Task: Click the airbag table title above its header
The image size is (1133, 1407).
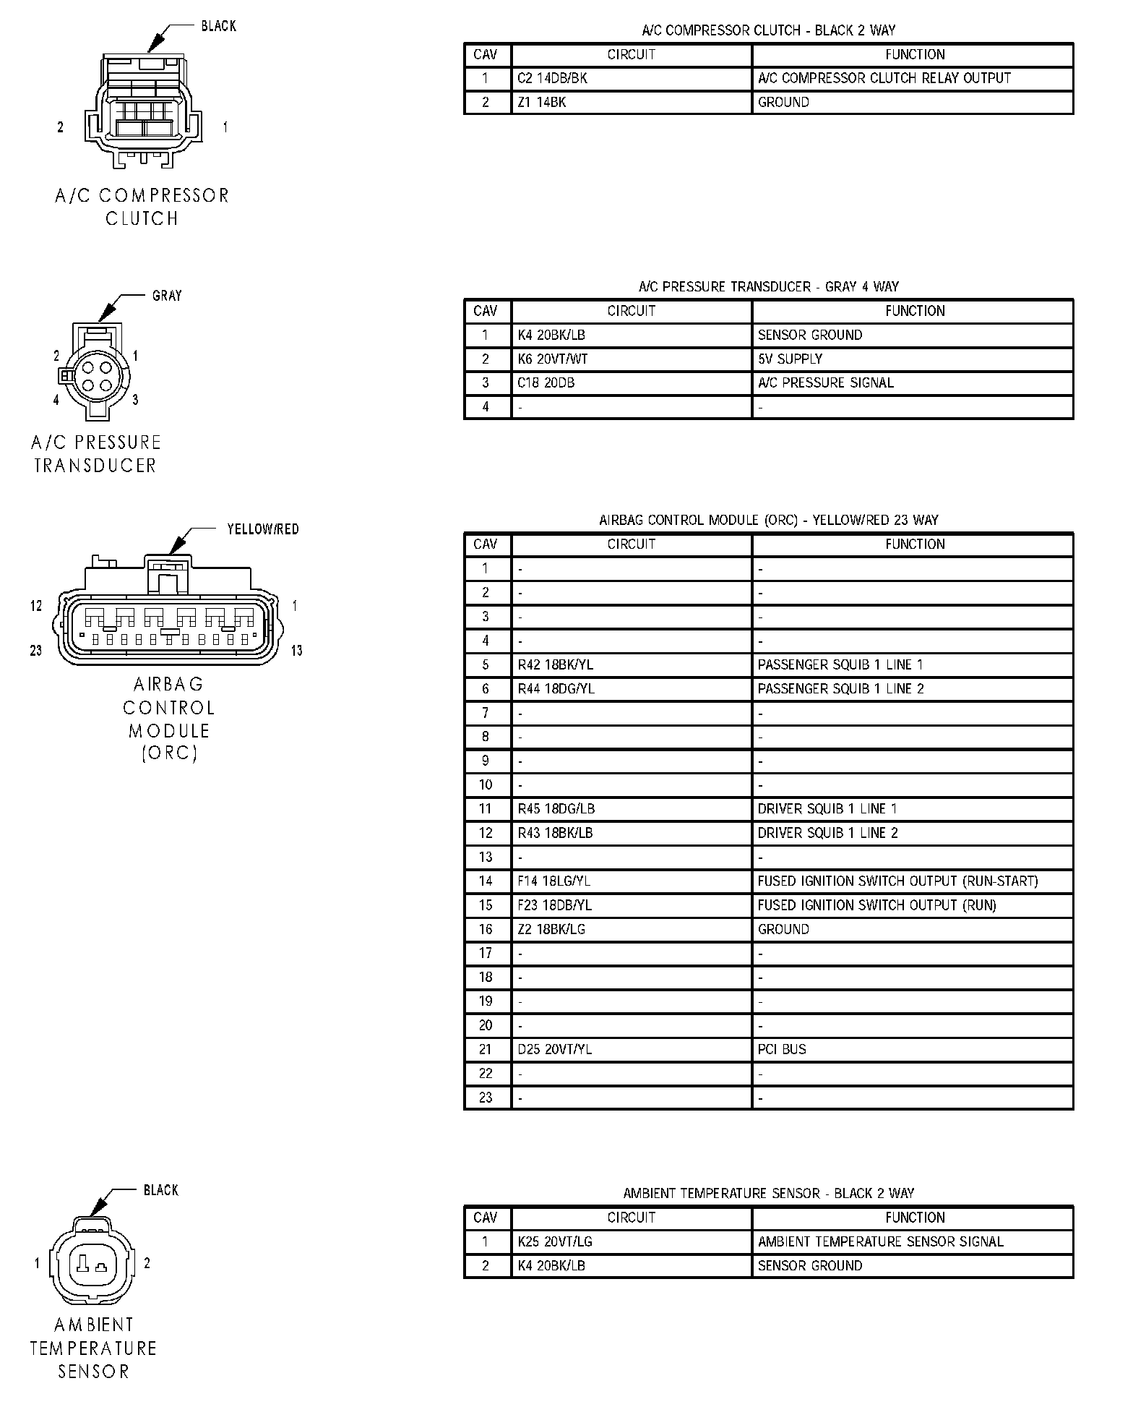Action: pos(768,520)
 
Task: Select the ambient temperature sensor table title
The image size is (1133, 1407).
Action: pos(768,1193)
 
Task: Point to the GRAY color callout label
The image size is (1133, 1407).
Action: pos(167,296)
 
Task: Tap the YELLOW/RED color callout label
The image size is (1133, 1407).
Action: pos(262,529)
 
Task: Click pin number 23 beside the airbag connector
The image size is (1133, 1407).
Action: pos(36,651)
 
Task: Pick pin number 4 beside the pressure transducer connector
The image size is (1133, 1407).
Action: pos(56,400)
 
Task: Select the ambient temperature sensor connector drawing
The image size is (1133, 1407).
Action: pos(92,1265)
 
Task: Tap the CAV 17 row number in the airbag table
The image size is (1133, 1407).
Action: pos(486,953)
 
